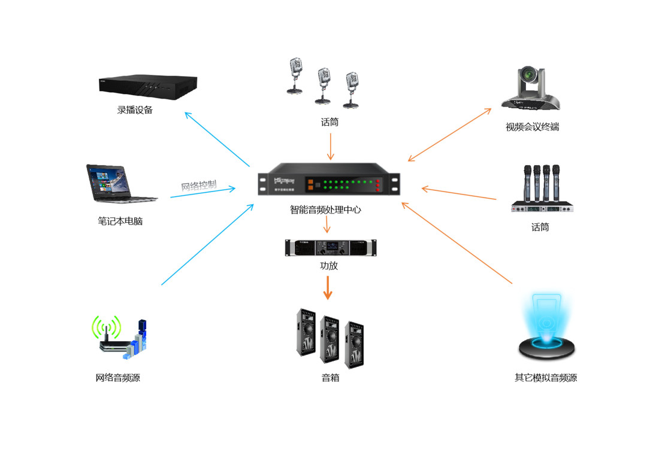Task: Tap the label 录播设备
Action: pyautogui.click(x=135, y=110)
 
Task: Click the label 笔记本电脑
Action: pyautogui.click(x=120, y=221)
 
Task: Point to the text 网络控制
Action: pyautogui.click(x=199, y=185)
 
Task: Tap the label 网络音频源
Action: pyautogui.click(x=118, y=378)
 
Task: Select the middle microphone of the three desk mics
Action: pyautogui.click(x=324, y=84)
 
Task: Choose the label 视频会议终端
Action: pyautogui.click(x=533, y=127)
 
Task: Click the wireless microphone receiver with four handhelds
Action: pyautogui.click(x=542, y=189)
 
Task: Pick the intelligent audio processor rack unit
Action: pyautogui.click(x=328, y=183)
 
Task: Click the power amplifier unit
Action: pyautogui.click(x=331, y=247)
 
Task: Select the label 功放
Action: pyautogui.click(x=329, y=265)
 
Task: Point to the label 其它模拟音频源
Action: pyautogui.click(x=546, y=378)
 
